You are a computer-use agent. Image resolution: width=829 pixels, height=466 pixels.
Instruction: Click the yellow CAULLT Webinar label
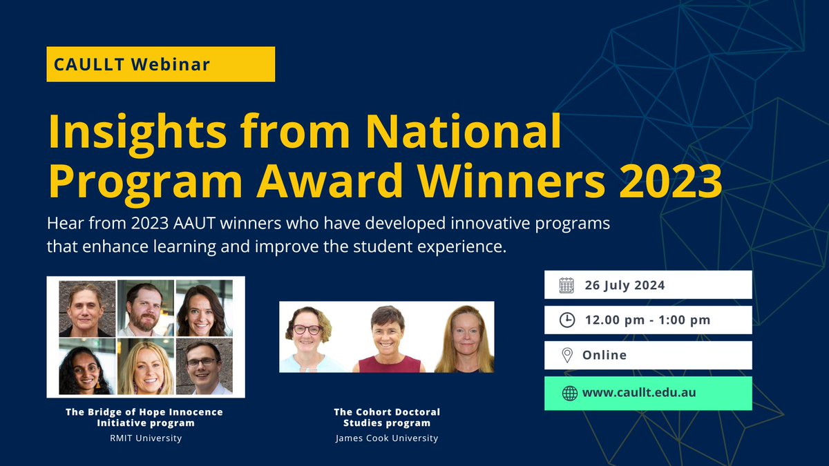click(x=160, y=64)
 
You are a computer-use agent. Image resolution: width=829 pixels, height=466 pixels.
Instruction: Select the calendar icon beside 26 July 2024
click(x=566, y=285)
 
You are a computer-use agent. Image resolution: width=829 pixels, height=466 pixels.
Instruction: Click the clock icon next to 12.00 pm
click(x=566, y=320)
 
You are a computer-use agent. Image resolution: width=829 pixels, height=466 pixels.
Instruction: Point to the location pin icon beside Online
click(x=566, y=356)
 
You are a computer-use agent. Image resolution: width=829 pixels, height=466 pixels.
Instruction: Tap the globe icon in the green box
click(x=569, y=393)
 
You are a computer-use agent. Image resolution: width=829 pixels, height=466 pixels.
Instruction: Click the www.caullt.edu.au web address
click(x=638, y=393)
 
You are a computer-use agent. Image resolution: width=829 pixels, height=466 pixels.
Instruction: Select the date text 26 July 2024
click(x=625, y=285)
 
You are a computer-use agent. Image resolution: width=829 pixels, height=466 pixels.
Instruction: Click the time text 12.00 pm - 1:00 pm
click(x=647, y=320)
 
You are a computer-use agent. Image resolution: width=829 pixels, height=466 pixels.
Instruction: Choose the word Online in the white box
click(x=604, y=356)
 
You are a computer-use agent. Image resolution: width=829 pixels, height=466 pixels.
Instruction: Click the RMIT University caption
click(x=144, y=438)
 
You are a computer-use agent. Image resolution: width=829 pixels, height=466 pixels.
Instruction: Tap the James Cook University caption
click(x=386, y=438)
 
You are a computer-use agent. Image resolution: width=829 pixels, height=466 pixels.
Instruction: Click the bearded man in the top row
click(x=144, y=308)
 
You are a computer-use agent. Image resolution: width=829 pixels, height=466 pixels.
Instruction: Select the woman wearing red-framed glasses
click(x=307, y=338)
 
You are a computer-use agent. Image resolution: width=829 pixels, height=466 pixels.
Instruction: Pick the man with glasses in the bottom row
click(x=203, y=366)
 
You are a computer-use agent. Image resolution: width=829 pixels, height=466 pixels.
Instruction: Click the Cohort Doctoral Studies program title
click(x=386, y=417)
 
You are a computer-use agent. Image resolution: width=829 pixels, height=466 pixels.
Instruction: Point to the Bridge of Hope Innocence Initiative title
click(x=144, y=417)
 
